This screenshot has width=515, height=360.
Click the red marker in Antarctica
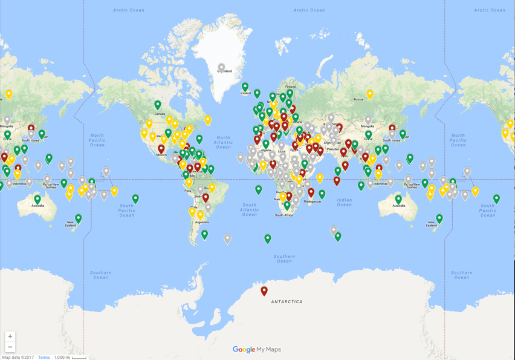264,291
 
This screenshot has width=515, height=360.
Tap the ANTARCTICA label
287,301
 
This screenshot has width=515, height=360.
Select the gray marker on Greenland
222,68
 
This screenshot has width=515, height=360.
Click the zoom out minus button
10,347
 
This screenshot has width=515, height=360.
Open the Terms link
44,357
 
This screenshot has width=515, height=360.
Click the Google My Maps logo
257,349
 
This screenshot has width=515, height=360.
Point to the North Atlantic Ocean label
223,142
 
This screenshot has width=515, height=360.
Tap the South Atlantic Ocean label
250,210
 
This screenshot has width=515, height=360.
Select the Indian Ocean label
345,201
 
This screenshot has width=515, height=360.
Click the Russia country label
358,99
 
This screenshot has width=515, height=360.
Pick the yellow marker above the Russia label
370,94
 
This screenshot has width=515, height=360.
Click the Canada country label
160,114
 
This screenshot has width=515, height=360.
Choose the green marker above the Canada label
158,105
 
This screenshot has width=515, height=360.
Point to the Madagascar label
312,201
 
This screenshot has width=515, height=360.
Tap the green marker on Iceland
245,87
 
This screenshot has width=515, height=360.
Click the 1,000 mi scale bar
71,357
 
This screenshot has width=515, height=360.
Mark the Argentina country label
201,222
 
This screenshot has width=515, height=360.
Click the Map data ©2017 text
18,357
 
